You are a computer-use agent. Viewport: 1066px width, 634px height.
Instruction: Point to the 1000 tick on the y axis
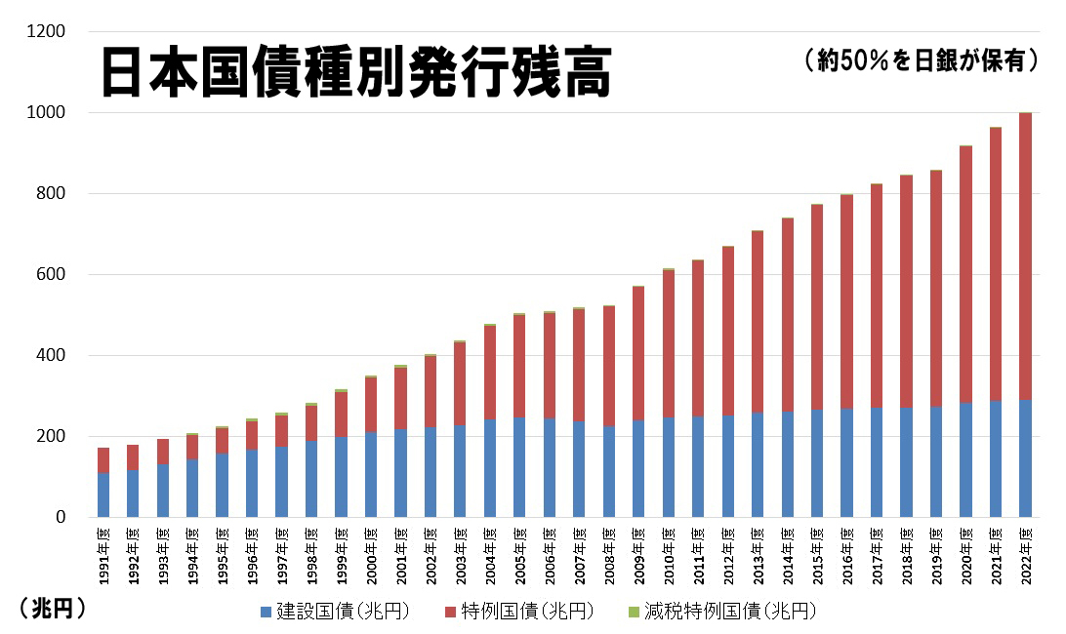click(x=48, y=113)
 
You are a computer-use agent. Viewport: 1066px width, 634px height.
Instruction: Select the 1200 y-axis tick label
click(x=48, y=32)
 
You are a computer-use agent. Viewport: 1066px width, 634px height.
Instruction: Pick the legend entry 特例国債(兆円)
click(x=527, y=613)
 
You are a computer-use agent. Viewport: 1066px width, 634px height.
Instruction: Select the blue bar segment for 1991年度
click(x=103, y=495)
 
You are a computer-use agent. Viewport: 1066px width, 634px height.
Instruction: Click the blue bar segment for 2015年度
click(x=817, y=463)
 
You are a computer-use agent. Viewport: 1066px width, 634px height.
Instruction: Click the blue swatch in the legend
click(x=265, y=613)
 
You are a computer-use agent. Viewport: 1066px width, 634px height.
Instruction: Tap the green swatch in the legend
click(x=634, y=613)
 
